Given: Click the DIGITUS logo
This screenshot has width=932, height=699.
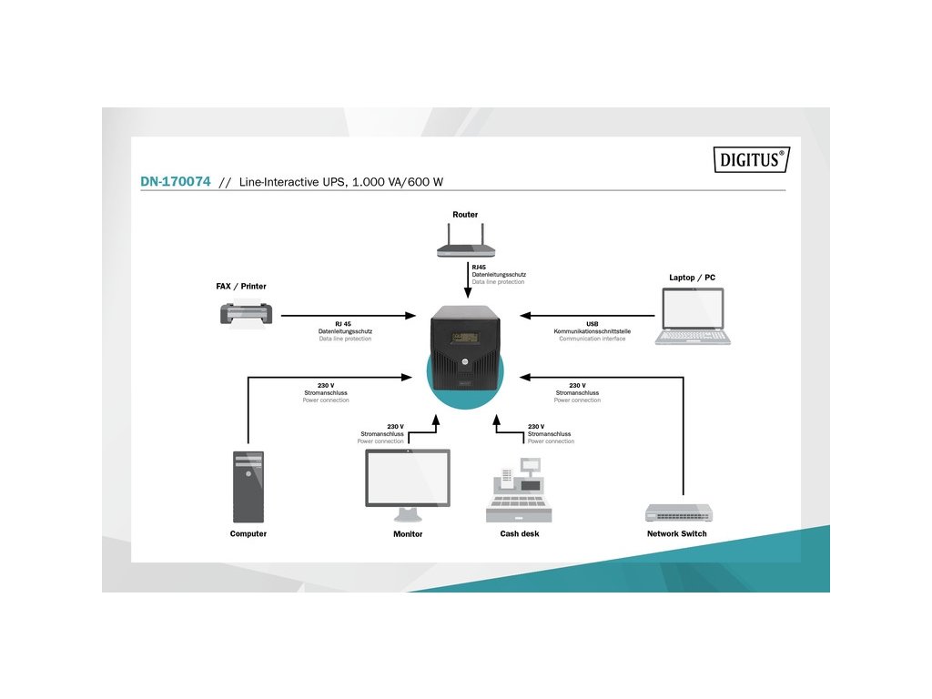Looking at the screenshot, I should (x=750, y=160).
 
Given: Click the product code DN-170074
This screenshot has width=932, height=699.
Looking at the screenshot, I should (x=176, y=182).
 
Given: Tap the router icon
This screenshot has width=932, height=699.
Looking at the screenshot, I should (x=465, y=248).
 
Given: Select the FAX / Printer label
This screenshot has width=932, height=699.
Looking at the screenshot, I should (x=241, y=286).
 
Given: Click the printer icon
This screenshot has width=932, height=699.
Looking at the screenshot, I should (x=245, y=314).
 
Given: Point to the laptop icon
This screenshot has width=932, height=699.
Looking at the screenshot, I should (x=693, y=316).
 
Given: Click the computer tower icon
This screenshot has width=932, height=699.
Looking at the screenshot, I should (x=248, y=486).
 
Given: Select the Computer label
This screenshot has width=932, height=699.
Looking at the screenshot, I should (x=248, y=533).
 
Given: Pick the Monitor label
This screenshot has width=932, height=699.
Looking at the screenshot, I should (x=408, y=534).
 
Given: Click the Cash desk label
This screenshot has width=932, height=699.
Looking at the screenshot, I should (x=520, y=533).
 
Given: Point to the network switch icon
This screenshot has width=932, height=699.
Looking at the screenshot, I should (x=678, y=512).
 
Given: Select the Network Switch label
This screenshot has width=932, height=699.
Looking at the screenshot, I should (x=676, y=533).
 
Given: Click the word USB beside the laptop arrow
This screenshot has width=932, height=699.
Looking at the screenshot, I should (x=593, y=323).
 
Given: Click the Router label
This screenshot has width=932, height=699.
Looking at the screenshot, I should (x=465, y=215).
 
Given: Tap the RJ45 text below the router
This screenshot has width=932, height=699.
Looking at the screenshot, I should (x=479, y=267).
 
